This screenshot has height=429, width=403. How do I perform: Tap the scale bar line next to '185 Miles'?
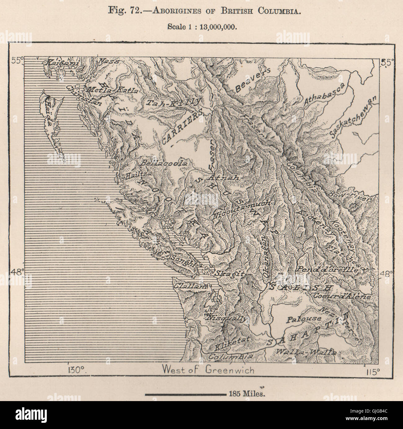185,395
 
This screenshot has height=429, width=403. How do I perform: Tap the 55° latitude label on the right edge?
386,62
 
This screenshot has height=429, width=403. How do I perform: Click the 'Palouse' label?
299,319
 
